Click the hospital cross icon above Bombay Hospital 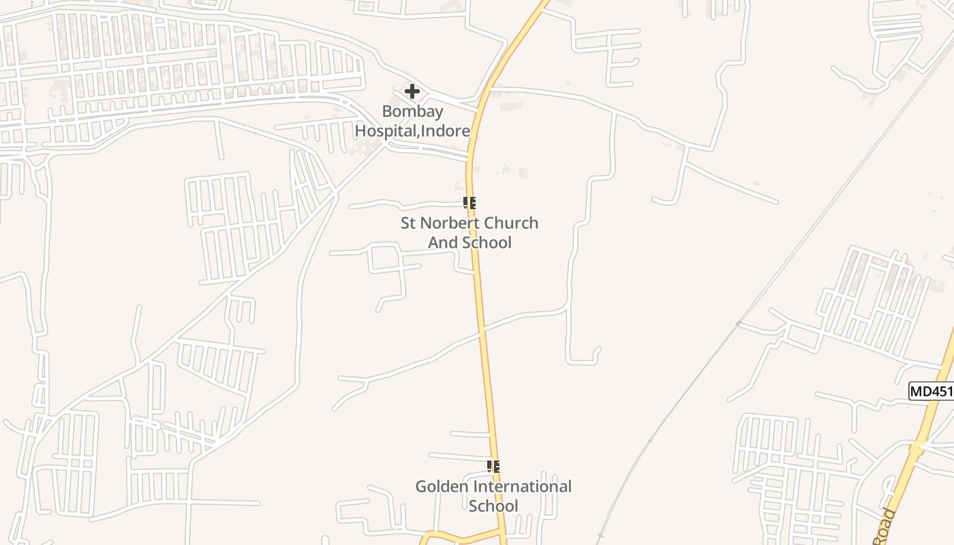coord(412,91)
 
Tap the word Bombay coord(412,111)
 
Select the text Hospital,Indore coord(412,130)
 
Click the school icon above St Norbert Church coord(469,202)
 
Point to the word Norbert coord(451,223)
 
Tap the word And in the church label coord(442,243)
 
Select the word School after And coord(487,243)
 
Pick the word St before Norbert coord(408,223)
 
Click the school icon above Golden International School coord(493,467)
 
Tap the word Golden coord(442,486)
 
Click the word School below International coord(493,505)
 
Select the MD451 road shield coord(932,391)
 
